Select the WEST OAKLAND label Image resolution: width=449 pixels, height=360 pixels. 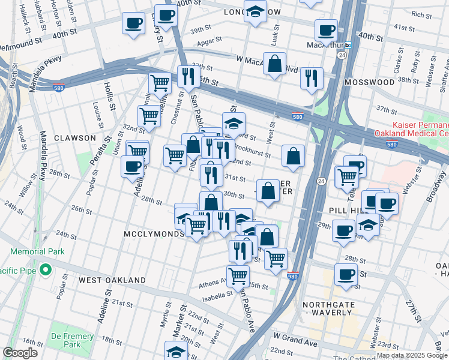click(x=112, y=280)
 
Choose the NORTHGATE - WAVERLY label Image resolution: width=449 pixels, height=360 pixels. click(x=327, y=308)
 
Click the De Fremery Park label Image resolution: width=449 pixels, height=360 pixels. click(x=73, y=340)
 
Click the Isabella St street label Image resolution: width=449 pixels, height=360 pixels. click(x=217, y=295)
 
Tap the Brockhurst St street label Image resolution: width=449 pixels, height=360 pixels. click(x=250, y=148)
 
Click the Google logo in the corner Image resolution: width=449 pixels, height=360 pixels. click(x=20, y=353)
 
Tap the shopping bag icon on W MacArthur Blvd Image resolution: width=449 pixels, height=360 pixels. click(x=275, y=64)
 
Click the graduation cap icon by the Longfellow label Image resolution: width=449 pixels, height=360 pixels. click(x=255, y=11)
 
